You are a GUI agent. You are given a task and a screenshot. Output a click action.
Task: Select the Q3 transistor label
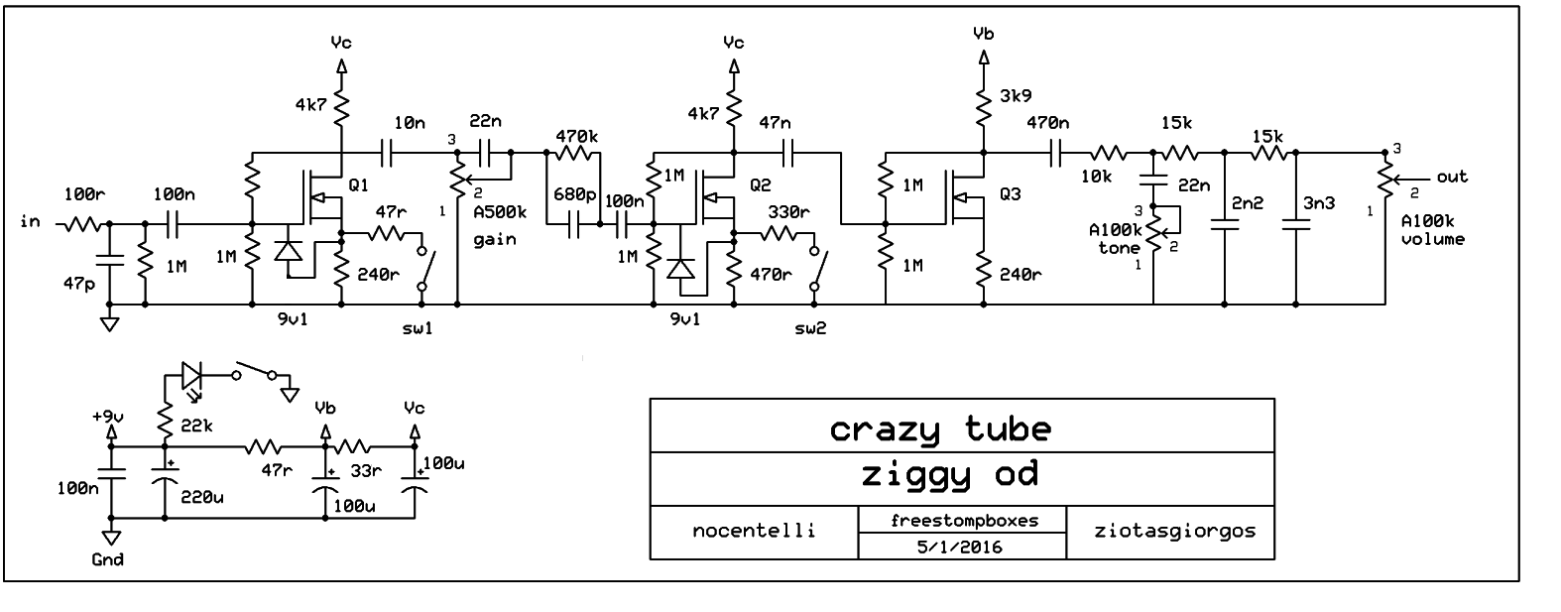point(1011,194)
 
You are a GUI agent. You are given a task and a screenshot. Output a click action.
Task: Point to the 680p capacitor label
point(575,194)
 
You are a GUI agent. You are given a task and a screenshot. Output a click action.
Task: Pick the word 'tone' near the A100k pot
point(1119,248)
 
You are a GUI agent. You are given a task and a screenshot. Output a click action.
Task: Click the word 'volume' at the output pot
point(1432,239)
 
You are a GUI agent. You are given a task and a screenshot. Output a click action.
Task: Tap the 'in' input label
point(30,221)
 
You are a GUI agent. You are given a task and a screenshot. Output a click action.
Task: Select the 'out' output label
point(1452,177)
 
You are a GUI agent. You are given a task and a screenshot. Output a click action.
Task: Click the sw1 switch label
point(418,327)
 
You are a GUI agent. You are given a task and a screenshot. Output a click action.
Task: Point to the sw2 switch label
point(809,327)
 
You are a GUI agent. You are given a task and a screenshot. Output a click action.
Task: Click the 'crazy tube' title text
point(939,428)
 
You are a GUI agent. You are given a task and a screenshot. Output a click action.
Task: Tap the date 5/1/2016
point(960,547)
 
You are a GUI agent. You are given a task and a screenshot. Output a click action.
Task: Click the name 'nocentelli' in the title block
point(754,530)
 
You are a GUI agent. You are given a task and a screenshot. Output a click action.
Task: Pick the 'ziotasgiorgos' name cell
point(1170,530)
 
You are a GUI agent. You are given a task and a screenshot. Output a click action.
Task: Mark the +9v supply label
point(110,416)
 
